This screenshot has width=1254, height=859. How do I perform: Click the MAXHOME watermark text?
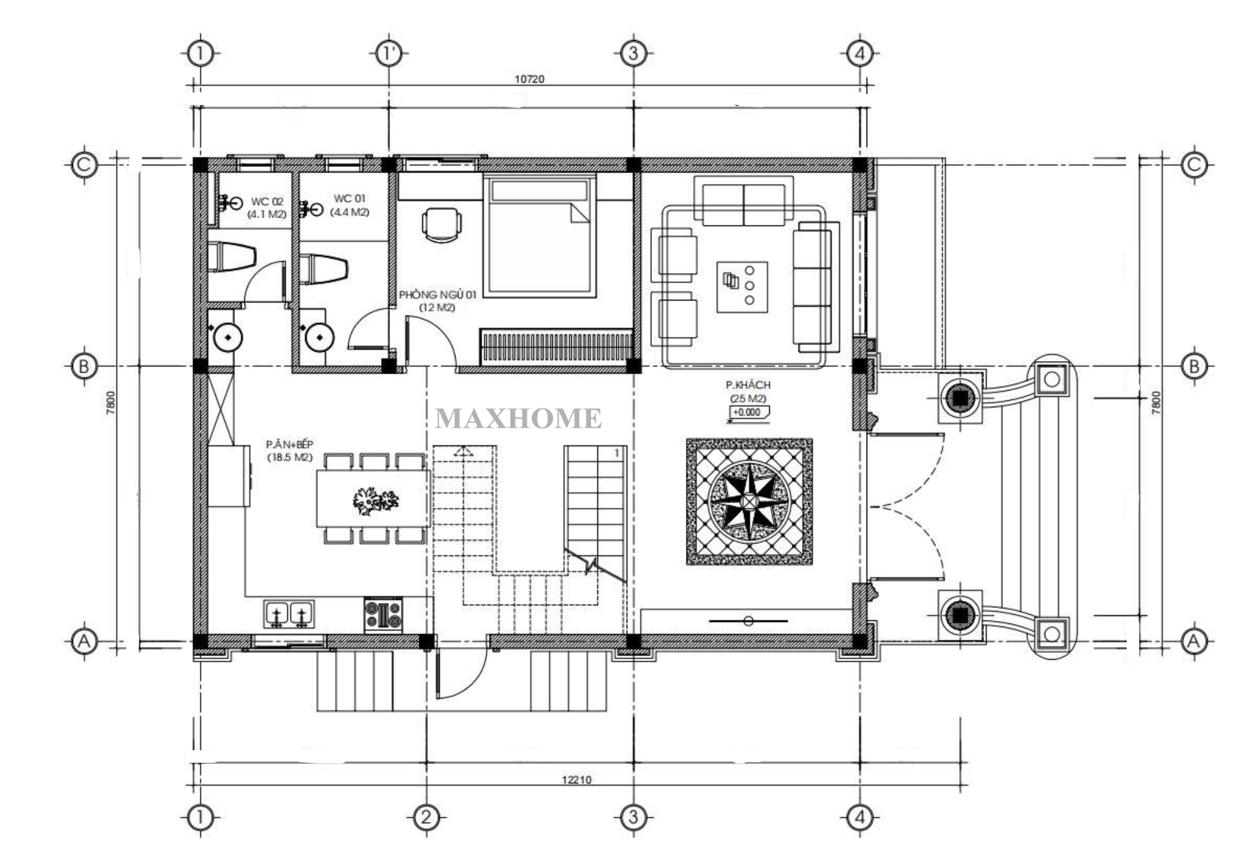coord(518,419)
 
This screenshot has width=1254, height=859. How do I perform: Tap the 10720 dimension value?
coord(529,79)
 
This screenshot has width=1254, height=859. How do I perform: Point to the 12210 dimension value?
coord(576,780)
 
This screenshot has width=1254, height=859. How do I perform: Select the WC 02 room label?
coord(267,201)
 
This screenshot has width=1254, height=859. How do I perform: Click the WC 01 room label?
coord(349,199)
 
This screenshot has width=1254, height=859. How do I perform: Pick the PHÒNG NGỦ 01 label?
coord(437,295)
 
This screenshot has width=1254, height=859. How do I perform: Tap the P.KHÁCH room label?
coord(748,385)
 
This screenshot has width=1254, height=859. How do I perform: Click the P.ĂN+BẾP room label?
coord(289,444)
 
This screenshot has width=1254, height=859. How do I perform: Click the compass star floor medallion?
coord(749,502)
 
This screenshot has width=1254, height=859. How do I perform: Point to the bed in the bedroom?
coord(539,236)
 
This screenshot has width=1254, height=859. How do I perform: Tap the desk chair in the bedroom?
coord(442,224)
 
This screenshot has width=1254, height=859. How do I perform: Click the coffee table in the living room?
coord(742,287)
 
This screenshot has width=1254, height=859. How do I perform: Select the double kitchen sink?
coord(289,613)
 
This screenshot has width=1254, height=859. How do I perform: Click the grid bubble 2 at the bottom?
coord(426,817)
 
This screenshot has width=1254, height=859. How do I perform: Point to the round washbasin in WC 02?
coord(228,337)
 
